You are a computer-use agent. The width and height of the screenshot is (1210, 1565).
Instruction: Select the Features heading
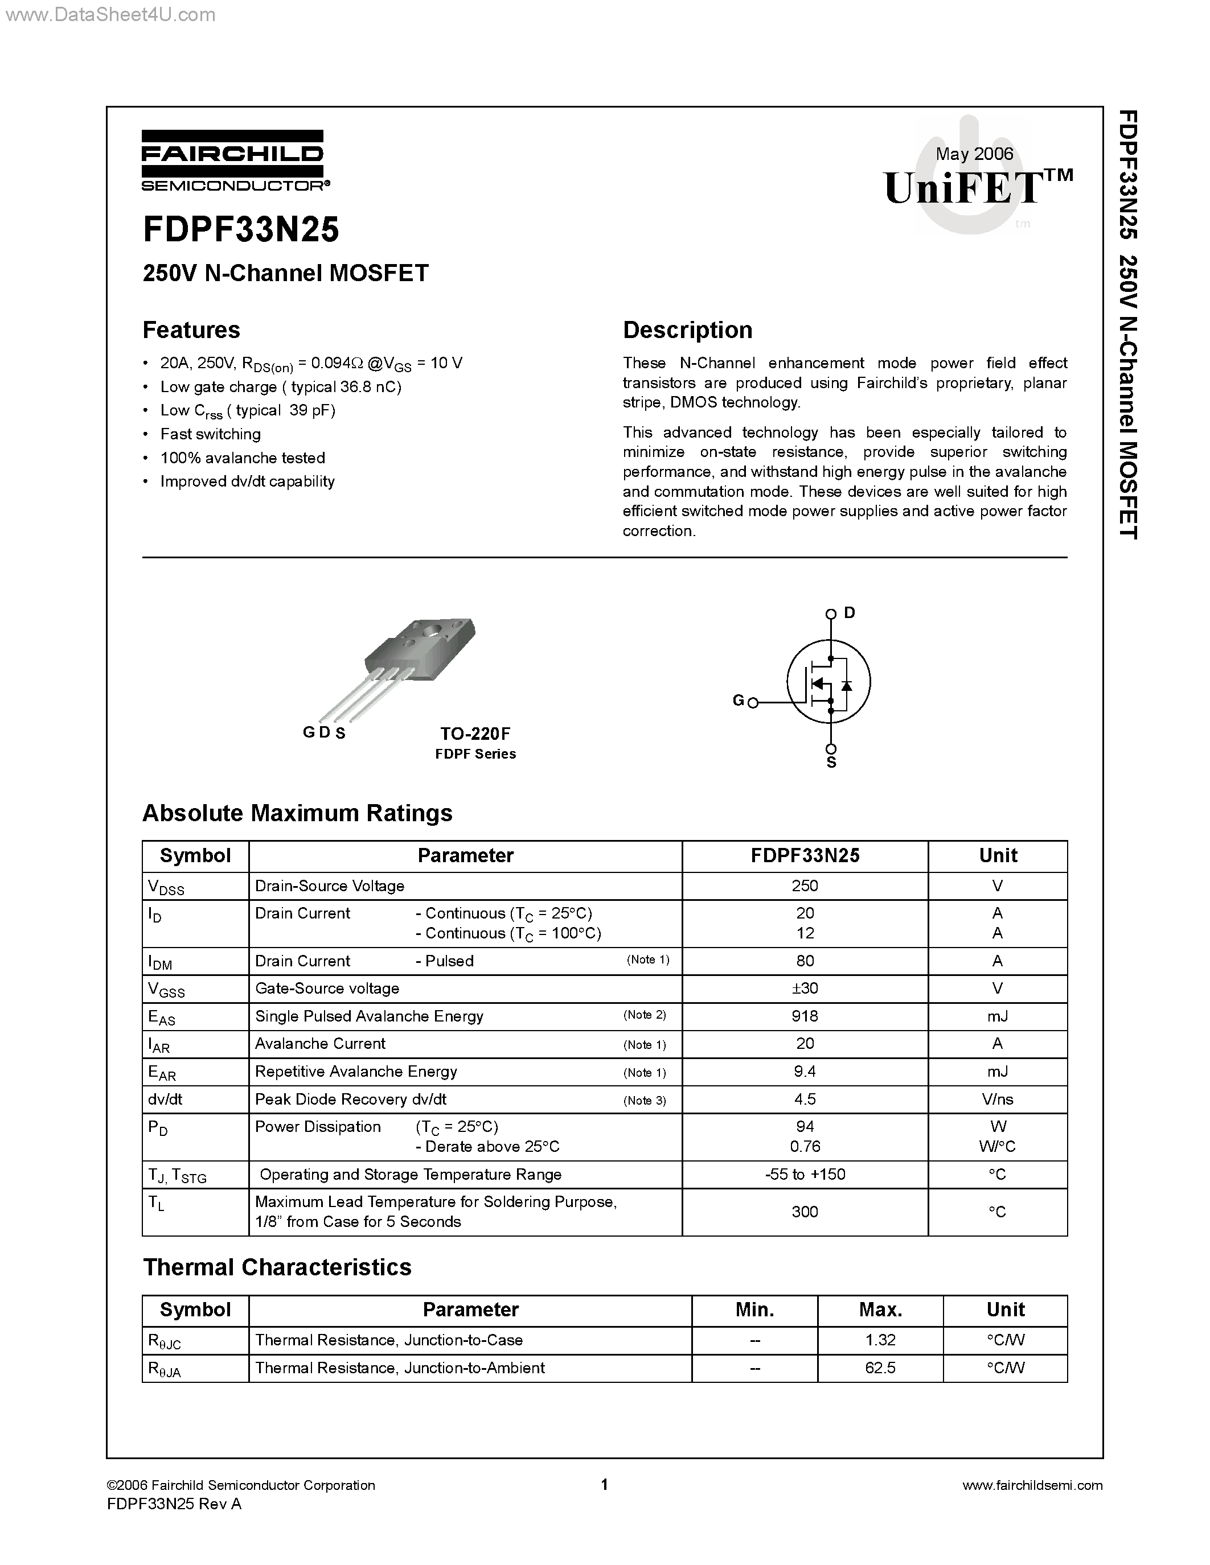pyautogui.click(x=191, y=330)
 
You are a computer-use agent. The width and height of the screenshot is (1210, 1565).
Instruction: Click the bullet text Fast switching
pyautogui.click(x=210, y=434)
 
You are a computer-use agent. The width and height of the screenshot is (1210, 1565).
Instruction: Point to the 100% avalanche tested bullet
pyautogui.click(x=243, y=458)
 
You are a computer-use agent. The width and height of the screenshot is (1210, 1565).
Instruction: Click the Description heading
pyautogui.click(x=687, y=330)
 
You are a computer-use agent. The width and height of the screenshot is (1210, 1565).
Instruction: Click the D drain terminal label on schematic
pyautogui.click(x=850, y=613)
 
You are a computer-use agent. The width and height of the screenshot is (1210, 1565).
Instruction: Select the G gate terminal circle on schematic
pyautogui.click(x=753, y=703)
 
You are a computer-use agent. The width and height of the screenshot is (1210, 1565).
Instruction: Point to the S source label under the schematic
pyautogui.click(x=831, y=763)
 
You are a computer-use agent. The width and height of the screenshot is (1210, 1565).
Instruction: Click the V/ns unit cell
pyautogui.click(x=997, y=1099)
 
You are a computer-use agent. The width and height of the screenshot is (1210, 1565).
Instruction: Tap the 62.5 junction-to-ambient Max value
pyautogui.click(x=880, y=1367)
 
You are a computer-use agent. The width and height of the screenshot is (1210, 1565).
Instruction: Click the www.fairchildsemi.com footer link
pyautogui.click(x=1032, y=1485)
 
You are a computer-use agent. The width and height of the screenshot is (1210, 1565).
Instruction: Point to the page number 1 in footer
pyautogui.click(x=604, y=1484)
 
